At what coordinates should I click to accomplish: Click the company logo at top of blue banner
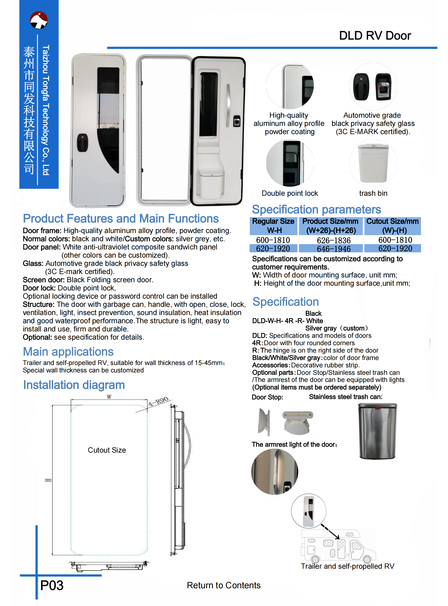pyautogui.click(x=39, y=20)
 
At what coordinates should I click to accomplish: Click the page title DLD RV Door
pyautogui.click(x=375, y=36)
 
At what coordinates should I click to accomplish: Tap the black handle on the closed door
pyautogui.click(x=82, y=143)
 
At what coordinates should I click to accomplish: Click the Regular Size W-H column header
pyautogui.click(x=274, y=226)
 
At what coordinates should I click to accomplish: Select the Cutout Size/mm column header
pyautogui.click(x=392, y=226)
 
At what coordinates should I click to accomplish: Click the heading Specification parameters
pyautogui.click(x=316, y=209)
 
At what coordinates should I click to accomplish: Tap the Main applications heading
pyautogui.click(x=68, y=352)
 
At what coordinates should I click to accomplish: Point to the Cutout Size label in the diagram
pyautogui.click(x=107, y=450)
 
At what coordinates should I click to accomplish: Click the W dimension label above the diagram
pyautogui.click(x=109, y=397)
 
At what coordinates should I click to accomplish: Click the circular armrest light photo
pyautogui.click(x=274, y=472)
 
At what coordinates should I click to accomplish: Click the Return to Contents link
pyautogui.click(x=223, y=585)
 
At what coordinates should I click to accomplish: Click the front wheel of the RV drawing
pyautogui.click(x=367, y=559)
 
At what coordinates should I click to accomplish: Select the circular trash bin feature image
pyautogui.click(x=373, y=163)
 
